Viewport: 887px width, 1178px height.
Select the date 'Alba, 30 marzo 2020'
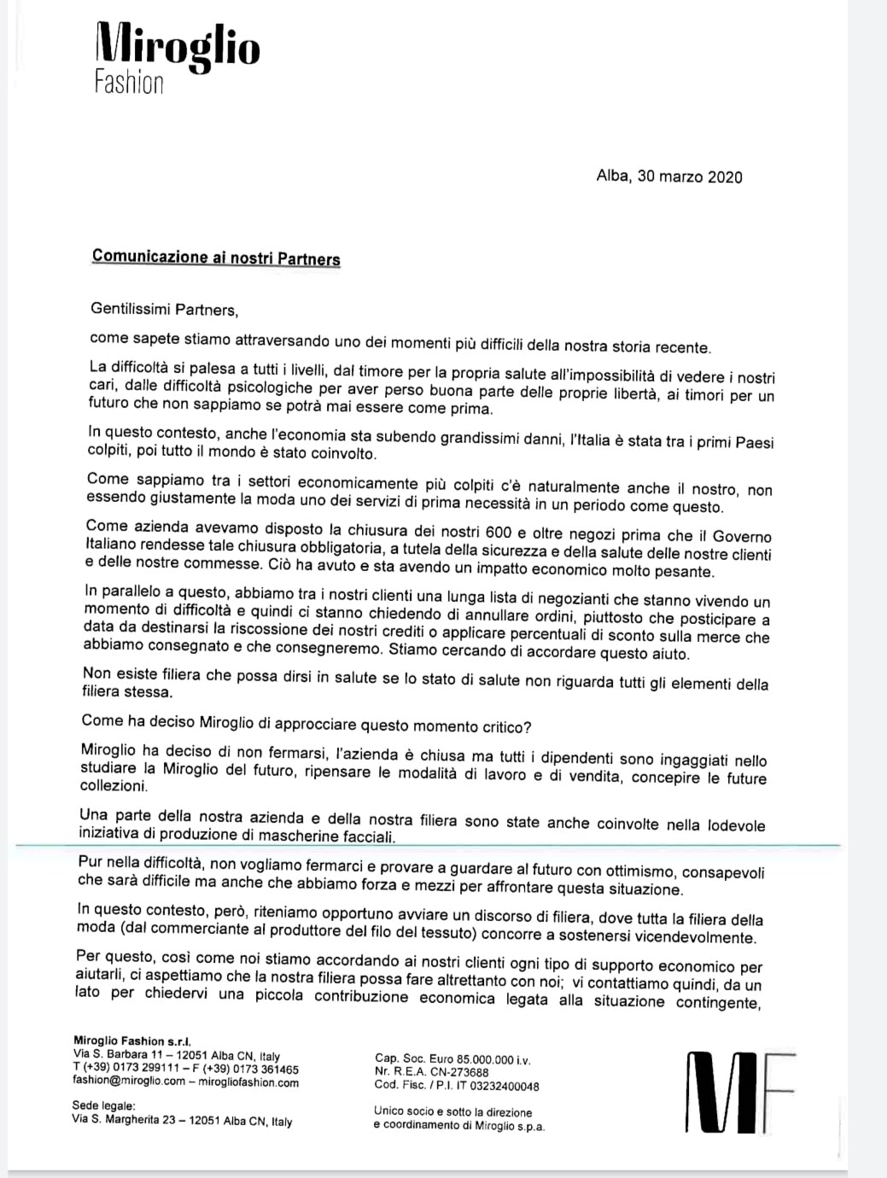pos(669,177)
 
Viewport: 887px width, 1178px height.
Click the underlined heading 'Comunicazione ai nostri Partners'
pos(216,258)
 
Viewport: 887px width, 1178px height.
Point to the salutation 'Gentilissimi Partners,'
pos(164,309)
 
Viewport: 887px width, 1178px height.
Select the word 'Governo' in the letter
pos(741,537)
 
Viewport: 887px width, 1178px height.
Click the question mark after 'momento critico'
pos(528,726)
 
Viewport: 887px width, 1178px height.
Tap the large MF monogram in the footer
pos(740,1090)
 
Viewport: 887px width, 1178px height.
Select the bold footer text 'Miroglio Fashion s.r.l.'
pos(132,1041)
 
